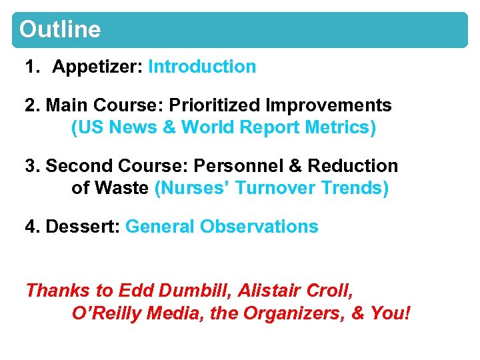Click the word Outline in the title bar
pyautogui.click(x=60, y=30)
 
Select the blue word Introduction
pyautogui.click(x=202, y=67)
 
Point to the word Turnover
pyautogui.click(x=275, y=188)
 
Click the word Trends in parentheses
pyautogui.click(x=354, y=188)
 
